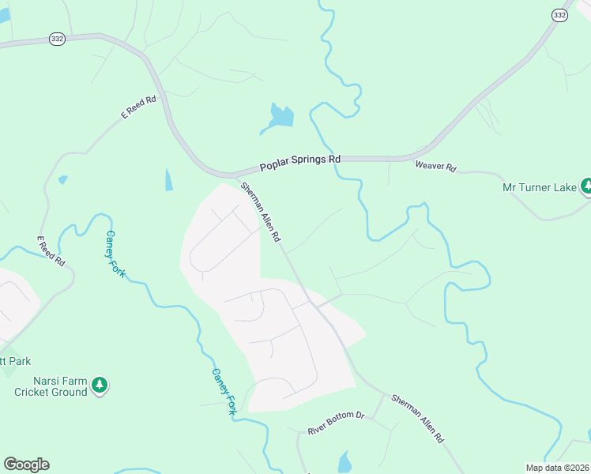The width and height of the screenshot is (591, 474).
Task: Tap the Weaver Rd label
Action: pos(436,167)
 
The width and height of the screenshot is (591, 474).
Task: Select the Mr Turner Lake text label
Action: pos(540,187)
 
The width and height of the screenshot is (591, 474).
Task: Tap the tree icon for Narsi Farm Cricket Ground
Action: pos(99,386)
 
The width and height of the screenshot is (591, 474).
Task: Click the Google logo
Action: pos(26,465)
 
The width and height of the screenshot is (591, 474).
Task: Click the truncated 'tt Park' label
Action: pos(15,361)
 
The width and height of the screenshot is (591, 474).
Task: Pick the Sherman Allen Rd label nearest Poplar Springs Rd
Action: pos(261,212)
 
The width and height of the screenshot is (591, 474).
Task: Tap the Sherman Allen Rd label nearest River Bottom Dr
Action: pos(417,418)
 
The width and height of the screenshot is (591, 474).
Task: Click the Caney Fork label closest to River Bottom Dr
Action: pos(224,391)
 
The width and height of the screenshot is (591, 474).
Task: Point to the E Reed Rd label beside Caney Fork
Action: pos(51,250)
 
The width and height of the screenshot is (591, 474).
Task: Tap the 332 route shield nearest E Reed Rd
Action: pos(57,39)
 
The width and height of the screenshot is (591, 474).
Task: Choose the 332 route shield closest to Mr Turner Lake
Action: pos(559,16)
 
